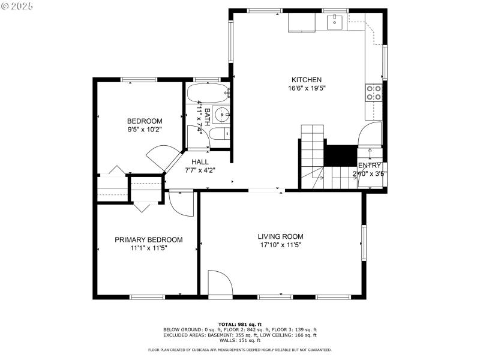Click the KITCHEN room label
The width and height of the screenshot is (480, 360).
click(x=307, y=80)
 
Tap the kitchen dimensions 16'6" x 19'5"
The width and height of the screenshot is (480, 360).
click(x=307, y=88)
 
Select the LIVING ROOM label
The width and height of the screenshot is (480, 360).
click(x=281, y=236)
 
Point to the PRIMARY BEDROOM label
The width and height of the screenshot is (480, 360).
click(x=148, y=239)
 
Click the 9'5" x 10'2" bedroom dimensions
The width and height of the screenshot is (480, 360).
click(x=144, y=128)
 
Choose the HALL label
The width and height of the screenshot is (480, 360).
click(x=200, y=162)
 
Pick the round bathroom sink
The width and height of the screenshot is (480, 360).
click(x=221, y=113)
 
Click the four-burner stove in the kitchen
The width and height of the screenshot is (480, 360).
click(x=374, y=92)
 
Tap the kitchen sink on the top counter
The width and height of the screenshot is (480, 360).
click(x=334, y=22)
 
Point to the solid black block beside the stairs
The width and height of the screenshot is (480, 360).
click(x=340, y=155)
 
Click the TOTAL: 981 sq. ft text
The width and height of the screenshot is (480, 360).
click(x=239, y=325)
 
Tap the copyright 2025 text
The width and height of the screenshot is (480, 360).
click(x=17, y=5)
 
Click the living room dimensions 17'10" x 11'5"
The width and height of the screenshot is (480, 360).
click(x=281, y=245)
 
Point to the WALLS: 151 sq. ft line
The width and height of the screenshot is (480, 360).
click(x=239, y=340)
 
